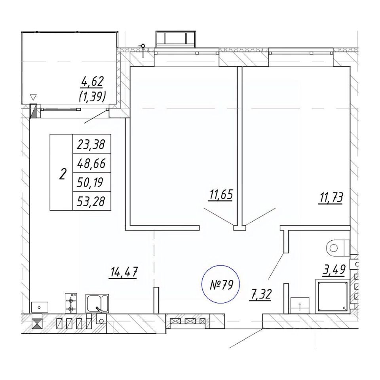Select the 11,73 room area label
(x=330, y=197)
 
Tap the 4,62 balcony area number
(x=92, y=82)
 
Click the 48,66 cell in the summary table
(x=91, y=163)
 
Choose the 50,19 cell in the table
(x=91, y=182)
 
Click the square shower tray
(x=332, y=295)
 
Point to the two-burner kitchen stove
(x=71, y=303)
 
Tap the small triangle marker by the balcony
(x=33, y=97)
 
